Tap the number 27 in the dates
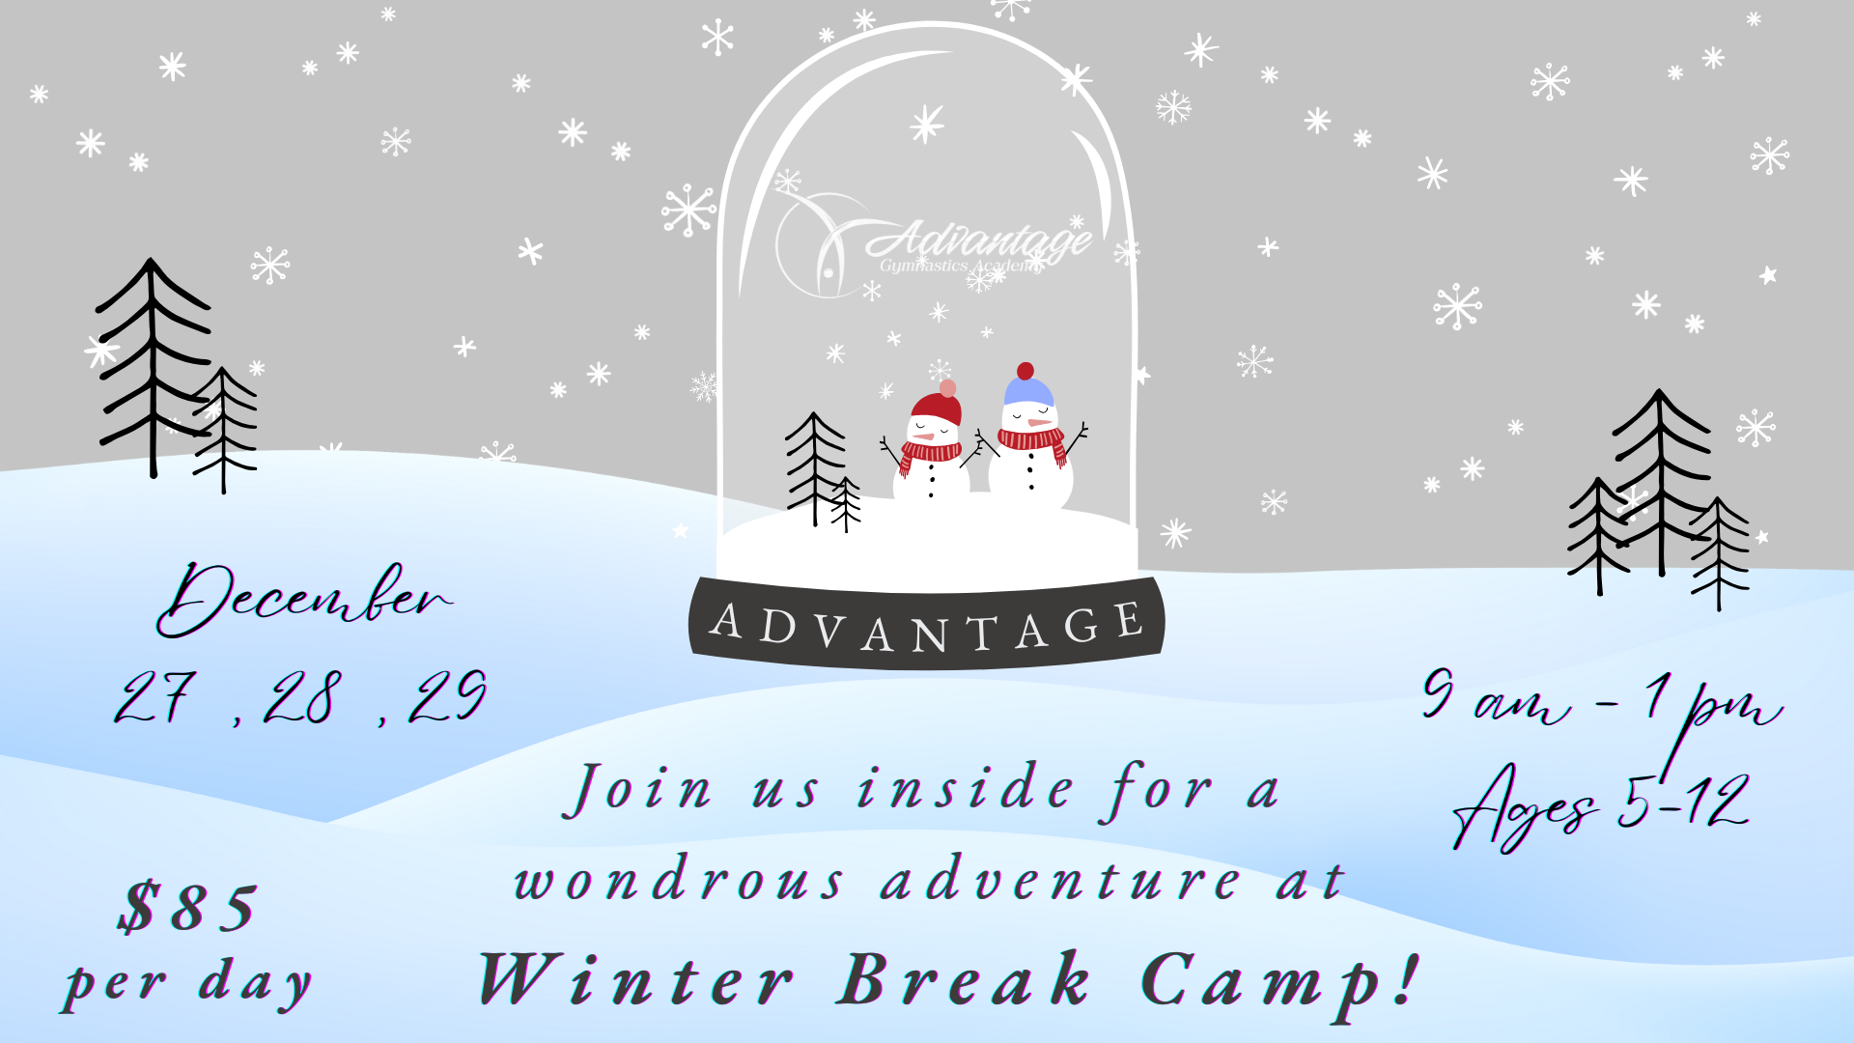156,696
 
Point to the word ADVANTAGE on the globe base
927,627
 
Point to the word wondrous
679,879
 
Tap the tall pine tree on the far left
153,367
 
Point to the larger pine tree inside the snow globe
815,468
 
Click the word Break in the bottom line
964,979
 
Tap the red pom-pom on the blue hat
1025,371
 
